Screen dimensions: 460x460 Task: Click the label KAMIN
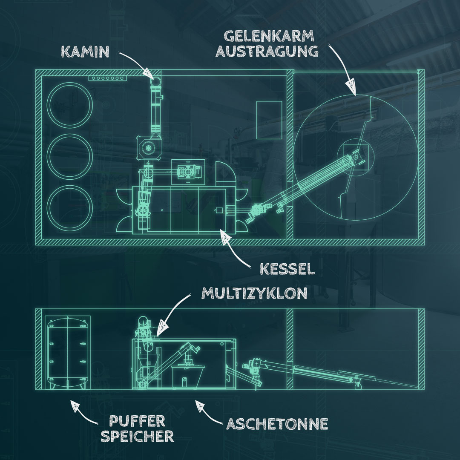85,52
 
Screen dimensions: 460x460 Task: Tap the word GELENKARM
269,36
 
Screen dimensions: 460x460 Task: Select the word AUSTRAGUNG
267,51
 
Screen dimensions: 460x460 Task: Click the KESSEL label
287,269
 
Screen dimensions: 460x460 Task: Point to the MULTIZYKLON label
254,293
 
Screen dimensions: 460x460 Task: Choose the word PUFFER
137,422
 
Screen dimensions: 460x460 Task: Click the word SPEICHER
137,436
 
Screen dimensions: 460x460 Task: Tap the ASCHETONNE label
277,424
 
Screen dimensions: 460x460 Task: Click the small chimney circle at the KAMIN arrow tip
156,80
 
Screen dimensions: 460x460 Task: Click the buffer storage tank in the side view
67,353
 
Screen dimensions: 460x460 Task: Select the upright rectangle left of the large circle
269,120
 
